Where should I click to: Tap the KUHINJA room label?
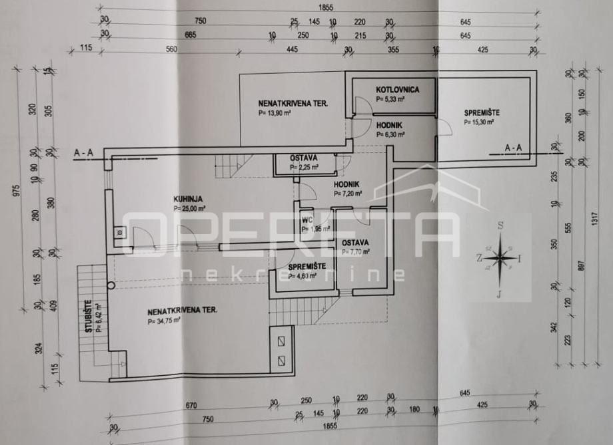pyautogui.click(x=189, y=198)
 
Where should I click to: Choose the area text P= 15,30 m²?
pyautogui.click(x=479, y=122)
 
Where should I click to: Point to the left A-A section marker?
pyautogui.click(x=83, y=152)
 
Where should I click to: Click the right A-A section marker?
pyautogui.click(x=514, y=147)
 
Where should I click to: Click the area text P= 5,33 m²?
pyautogui.click(x=391, y=99)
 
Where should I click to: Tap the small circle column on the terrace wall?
pyautogui.click(x=111, y=285)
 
